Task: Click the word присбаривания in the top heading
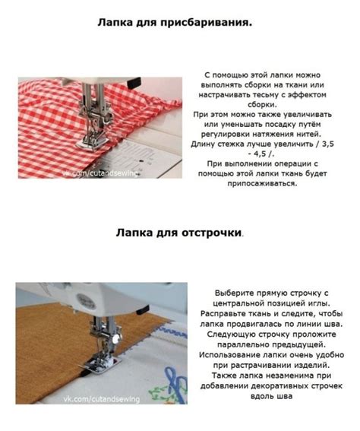206,23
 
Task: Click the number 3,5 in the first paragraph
328,144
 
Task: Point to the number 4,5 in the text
260,154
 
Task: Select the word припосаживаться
262,183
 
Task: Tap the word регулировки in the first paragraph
225,135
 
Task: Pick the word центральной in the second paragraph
237,303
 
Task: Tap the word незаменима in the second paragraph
289,376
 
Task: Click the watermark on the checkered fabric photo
100,173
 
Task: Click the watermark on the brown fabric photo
102,399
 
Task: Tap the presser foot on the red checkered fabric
92,143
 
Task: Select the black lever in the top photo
134,83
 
